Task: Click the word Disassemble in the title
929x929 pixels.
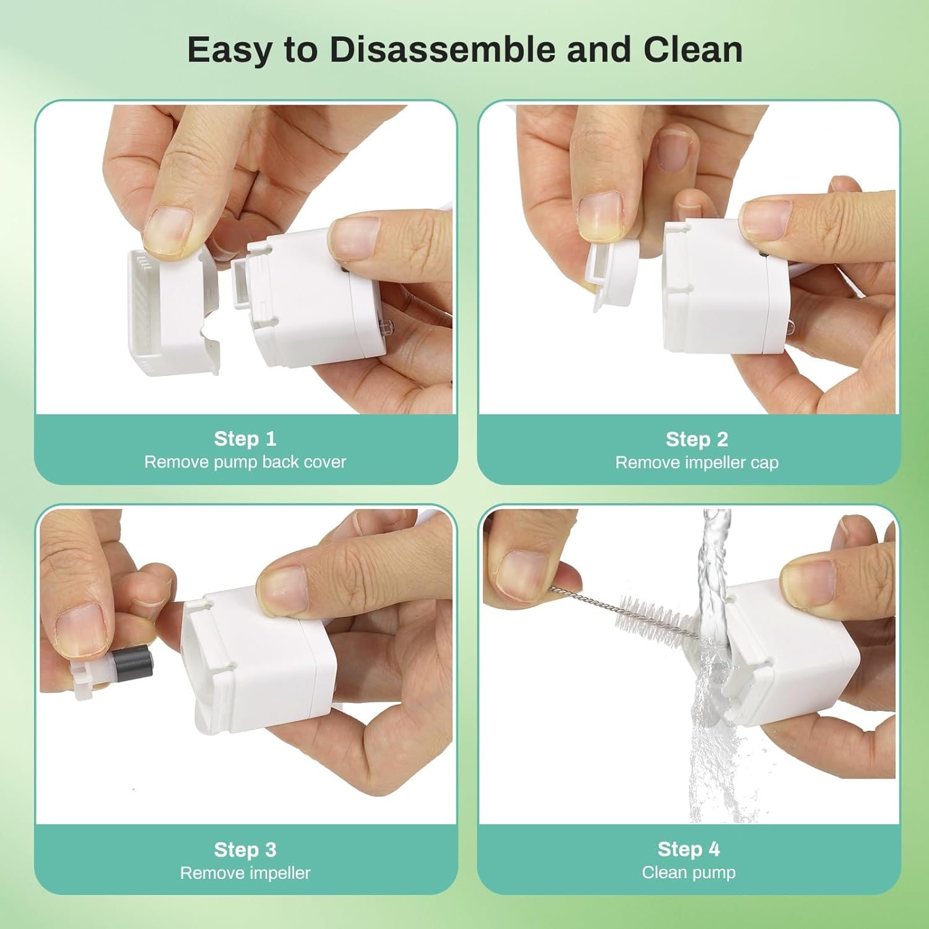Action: pyautogui.click(x=442, y=50)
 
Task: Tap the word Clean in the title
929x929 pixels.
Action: pyautogui.click(x=693, y=50)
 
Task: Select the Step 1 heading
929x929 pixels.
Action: pyautogui.click(x=245, y=438)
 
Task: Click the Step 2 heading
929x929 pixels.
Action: pyautogui.click(x=697, y=439)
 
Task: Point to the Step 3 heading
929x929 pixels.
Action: pyautogui.click(x=245, y=850)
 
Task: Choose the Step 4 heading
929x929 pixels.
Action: pyautogui.click(x=689, y=849)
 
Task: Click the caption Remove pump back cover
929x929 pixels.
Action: pyautogui.click(x=245, y=462)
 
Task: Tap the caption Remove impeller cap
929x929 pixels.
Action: pyautogui.click(x=697, y=463)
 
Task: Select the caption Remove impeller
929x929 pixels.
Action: pyautogui.click(x=245, y=873)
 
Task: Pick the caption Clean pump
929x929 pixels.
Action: pyautogui.click(x=689, y=873)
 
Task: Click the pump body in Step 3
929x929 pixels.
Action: pyautogui.click(x=260, y=663)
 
